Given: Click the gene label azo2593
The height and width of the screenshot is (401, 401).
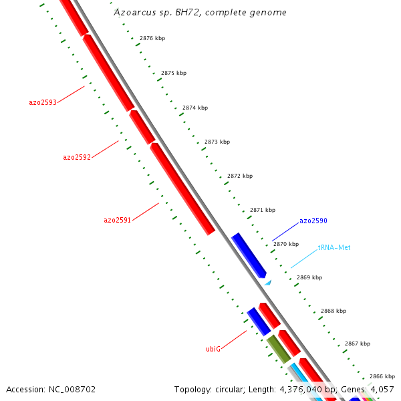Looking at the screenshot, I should [43, 102].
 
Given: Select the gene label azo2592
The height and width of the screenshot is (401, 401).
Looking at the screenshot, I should [77, 158].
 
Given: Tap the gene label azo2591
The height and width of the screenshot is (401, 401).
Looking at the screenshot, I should [117, 220].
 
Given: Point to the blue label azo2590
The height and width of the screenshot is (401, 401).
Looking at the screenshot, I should [313, 221].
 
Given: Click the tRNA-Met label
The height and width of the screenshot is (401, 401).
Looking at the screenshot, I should [334, 247].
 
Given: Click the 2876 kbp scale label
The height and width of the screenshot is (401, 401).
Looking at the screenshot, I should [152, 38].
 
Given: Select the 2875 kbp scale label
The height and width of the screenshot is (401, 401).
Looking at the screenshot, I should [174, 73].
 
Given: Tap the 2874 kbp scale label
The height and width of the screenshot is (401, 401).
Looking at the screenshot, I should [195, 108].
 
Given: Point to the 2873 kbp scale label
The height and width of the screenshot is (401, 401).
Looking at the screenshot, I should [217, 142].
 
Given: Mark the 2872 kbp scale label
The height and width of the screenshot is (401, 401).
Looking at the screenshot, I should [240, 176].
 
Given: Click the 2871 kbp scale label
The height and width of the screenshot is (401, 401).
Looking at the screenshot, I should [263, 210].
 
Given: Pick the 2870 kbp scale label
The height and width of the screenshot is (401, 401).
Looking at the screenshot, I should [286, 244].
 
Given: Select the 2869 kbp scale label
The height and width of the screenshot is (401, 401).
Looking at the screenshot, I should [309, 277].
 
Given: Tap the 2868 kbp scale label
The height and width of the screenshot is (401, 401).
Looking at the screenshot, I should [333, 311].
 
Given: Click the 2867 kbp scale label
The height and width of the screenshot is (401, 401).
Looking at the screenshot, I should [358, 344].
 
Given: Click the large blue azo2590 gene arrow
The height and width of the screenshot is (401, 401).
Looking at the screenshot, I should [249, 255].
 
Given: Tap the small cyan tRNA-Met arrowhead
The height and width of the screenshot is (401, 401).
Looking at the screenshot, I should [268, 283].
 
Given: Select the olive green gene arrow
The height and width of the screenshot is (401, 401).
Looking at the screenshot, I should [277, 349].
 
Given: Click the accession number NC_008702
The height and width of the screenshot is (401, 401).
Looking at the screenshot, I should [51, 389].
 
